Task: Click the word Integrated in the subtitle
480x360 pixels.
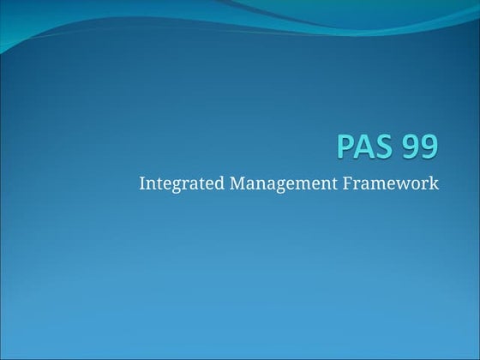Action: coord(177,183)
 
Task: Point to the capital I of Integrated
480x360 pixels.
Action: coord(142,183)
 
